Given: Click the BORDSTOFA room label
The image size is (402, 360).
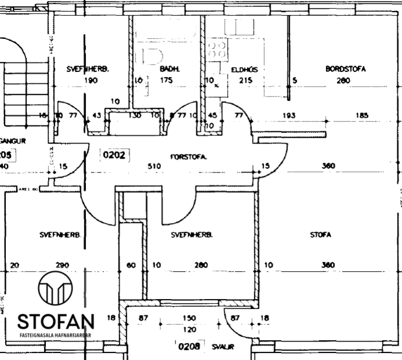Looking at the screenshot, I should [x=346, y=69].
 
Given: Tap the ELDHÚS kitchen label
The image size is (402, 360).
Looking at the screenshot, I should [x=244, y=69].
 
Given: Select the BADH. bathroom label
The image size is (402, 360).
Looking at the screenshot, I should [x=170, y=69].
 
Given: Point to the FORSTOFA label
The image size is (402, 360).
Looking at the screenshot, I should [x=189, y=157].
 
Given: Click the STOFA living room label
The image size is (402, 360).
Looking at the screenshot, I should [x=320, y=235].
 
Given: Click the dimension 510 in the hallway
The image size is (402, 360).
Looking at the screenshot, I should [x=154, y=166].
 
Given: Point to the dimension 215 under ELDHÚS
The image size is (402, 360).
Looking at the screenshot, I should [x=245, y=81].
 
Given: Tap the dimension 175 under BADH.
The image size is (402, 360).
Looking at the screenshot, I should [x=167, y=81].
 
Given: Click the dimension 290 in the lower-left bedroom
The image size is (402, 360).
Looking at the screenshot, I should [x=62, y=265].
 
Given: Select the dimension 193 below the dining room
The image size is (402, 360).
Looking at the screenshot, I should [x=289, y=116].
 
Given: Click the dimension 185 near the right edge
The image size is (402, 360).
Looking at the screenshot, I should [x=362, y=116].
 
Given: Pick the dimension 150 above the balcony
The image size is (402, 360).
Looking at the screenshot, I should [x=189, y=319].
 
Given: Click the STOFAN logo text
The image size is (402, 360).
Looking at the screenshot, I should [x=56, y=321].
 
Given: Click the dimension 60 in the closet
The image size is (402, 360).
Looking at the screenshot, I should [x=131, y=265].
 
